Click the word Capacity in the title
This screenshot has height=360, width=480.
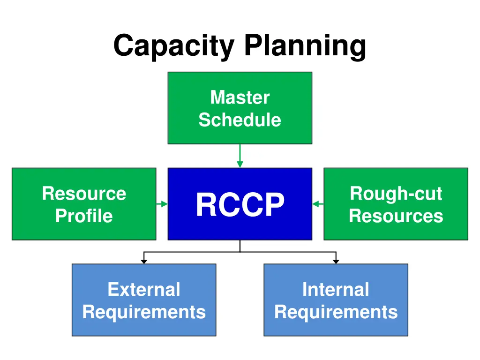(x=173, y=47)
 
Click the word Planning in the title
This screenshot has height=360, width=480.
(x=305, y=47)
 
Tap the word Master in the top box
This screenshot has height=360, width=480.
(x=240, y=97)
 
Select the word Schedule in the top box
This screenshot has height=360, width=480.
(x=240, y=120)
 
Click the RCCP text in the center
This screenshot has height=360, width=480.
(x=240, y=205)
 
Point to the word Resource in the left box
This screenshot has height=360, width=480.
(x=84, y=194)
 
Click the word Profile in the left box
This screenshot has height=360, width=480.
(x=84, y=216)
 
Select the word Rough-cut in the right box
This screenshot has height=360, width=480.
(x=396, y=194)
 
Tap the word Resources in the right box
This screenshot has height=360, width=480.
(x=396, y=216)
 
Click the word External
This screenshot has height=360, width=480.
(x=143, y=290)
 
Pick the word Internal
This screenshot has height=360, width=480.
(x=336, y=290)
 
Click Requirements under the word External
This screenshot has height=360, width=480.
(x=143, y=312)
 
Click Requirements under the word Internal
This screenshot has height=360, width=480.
(x=336, y=312)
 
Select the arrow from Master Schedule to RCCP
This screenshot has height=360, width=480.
(x=240, y=156)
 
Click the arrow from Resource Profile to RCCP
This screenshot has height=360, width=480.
(x=162, y=204)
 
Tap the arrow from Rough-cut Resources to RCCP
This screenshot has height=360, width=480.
(x=318, y=204)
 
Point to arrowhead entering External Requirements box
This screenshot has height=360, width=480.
(x=144, y=261)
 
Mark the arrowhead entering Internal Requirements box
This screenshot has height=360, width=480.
(x=336, y=261)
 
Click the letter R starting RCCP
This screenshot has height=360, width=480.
(x=206, y=205)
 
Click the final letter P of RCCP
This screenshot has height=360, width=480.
(x=275, y=205)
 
